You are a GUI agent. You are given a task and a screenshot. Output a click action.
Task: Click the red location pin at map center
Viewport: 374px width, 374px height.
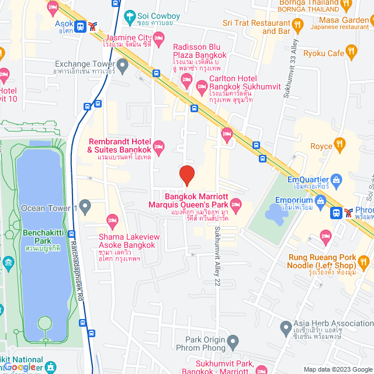coord(186,175)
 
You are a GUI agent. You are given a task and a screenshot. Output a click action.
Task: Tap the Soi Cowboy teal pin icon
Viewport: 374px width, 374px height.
coord(129,16)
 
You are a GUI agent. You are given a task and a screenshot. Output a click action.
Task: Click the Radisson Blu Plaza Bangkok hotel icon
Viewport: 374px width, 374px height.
coord(186,79)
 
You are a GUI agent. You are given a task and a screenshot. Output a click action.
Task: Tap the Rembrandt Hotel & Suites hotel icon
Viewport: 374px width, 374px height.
coord(158,146)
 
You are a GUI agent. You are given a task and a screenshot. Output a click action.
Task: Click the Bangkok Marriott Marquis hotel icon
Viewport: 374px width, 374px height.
coord(236,204)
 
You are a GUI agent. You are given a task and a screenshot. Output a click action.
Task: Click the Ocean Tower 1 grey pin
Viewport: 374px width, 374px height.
coord(85,206)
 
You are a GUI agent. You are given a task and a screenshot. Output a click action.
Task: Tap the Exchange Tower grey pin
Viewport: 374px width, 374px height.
coord(122,65)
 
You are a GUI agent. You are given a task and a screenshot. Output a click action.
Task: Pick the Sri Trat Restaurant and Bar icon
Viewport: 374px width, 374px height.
coord(297,24)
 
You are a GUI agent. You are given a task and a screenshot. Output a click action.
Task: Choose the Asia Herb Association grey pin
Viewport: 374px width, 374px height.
coord(285,326)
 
